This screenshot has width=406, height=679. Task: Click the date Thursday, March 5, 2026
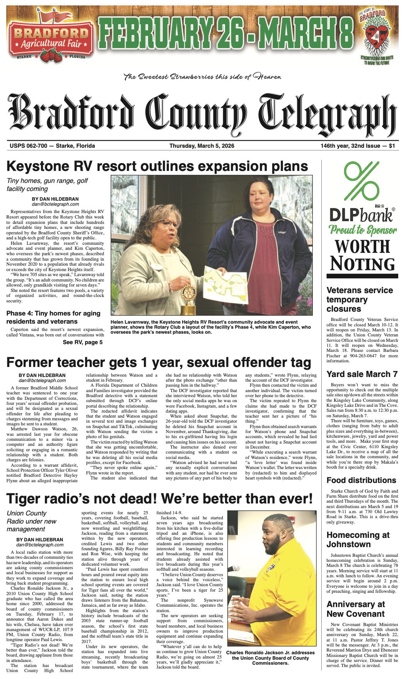201,146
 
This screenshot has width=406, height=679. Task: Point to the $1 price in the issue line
392,146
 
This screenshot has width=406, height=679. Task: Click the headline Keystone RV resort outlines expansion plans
157,166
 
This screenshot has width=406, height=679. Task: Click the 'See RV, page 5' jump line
83,342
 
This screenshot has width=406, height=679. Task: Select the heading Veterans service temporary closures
360,299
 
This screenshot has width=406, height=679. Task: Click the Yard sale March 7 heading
362,374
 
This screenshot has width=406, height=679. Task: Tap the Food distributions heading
361,480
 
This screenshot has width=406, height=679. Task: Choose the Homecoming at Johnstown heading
358,539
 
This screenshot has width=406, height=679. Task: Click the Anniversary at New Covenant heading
355,609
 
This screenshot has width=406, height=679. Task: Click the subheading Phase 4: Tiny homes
53,317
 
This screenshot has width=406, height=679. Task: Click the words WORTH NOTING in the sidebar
362,255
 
